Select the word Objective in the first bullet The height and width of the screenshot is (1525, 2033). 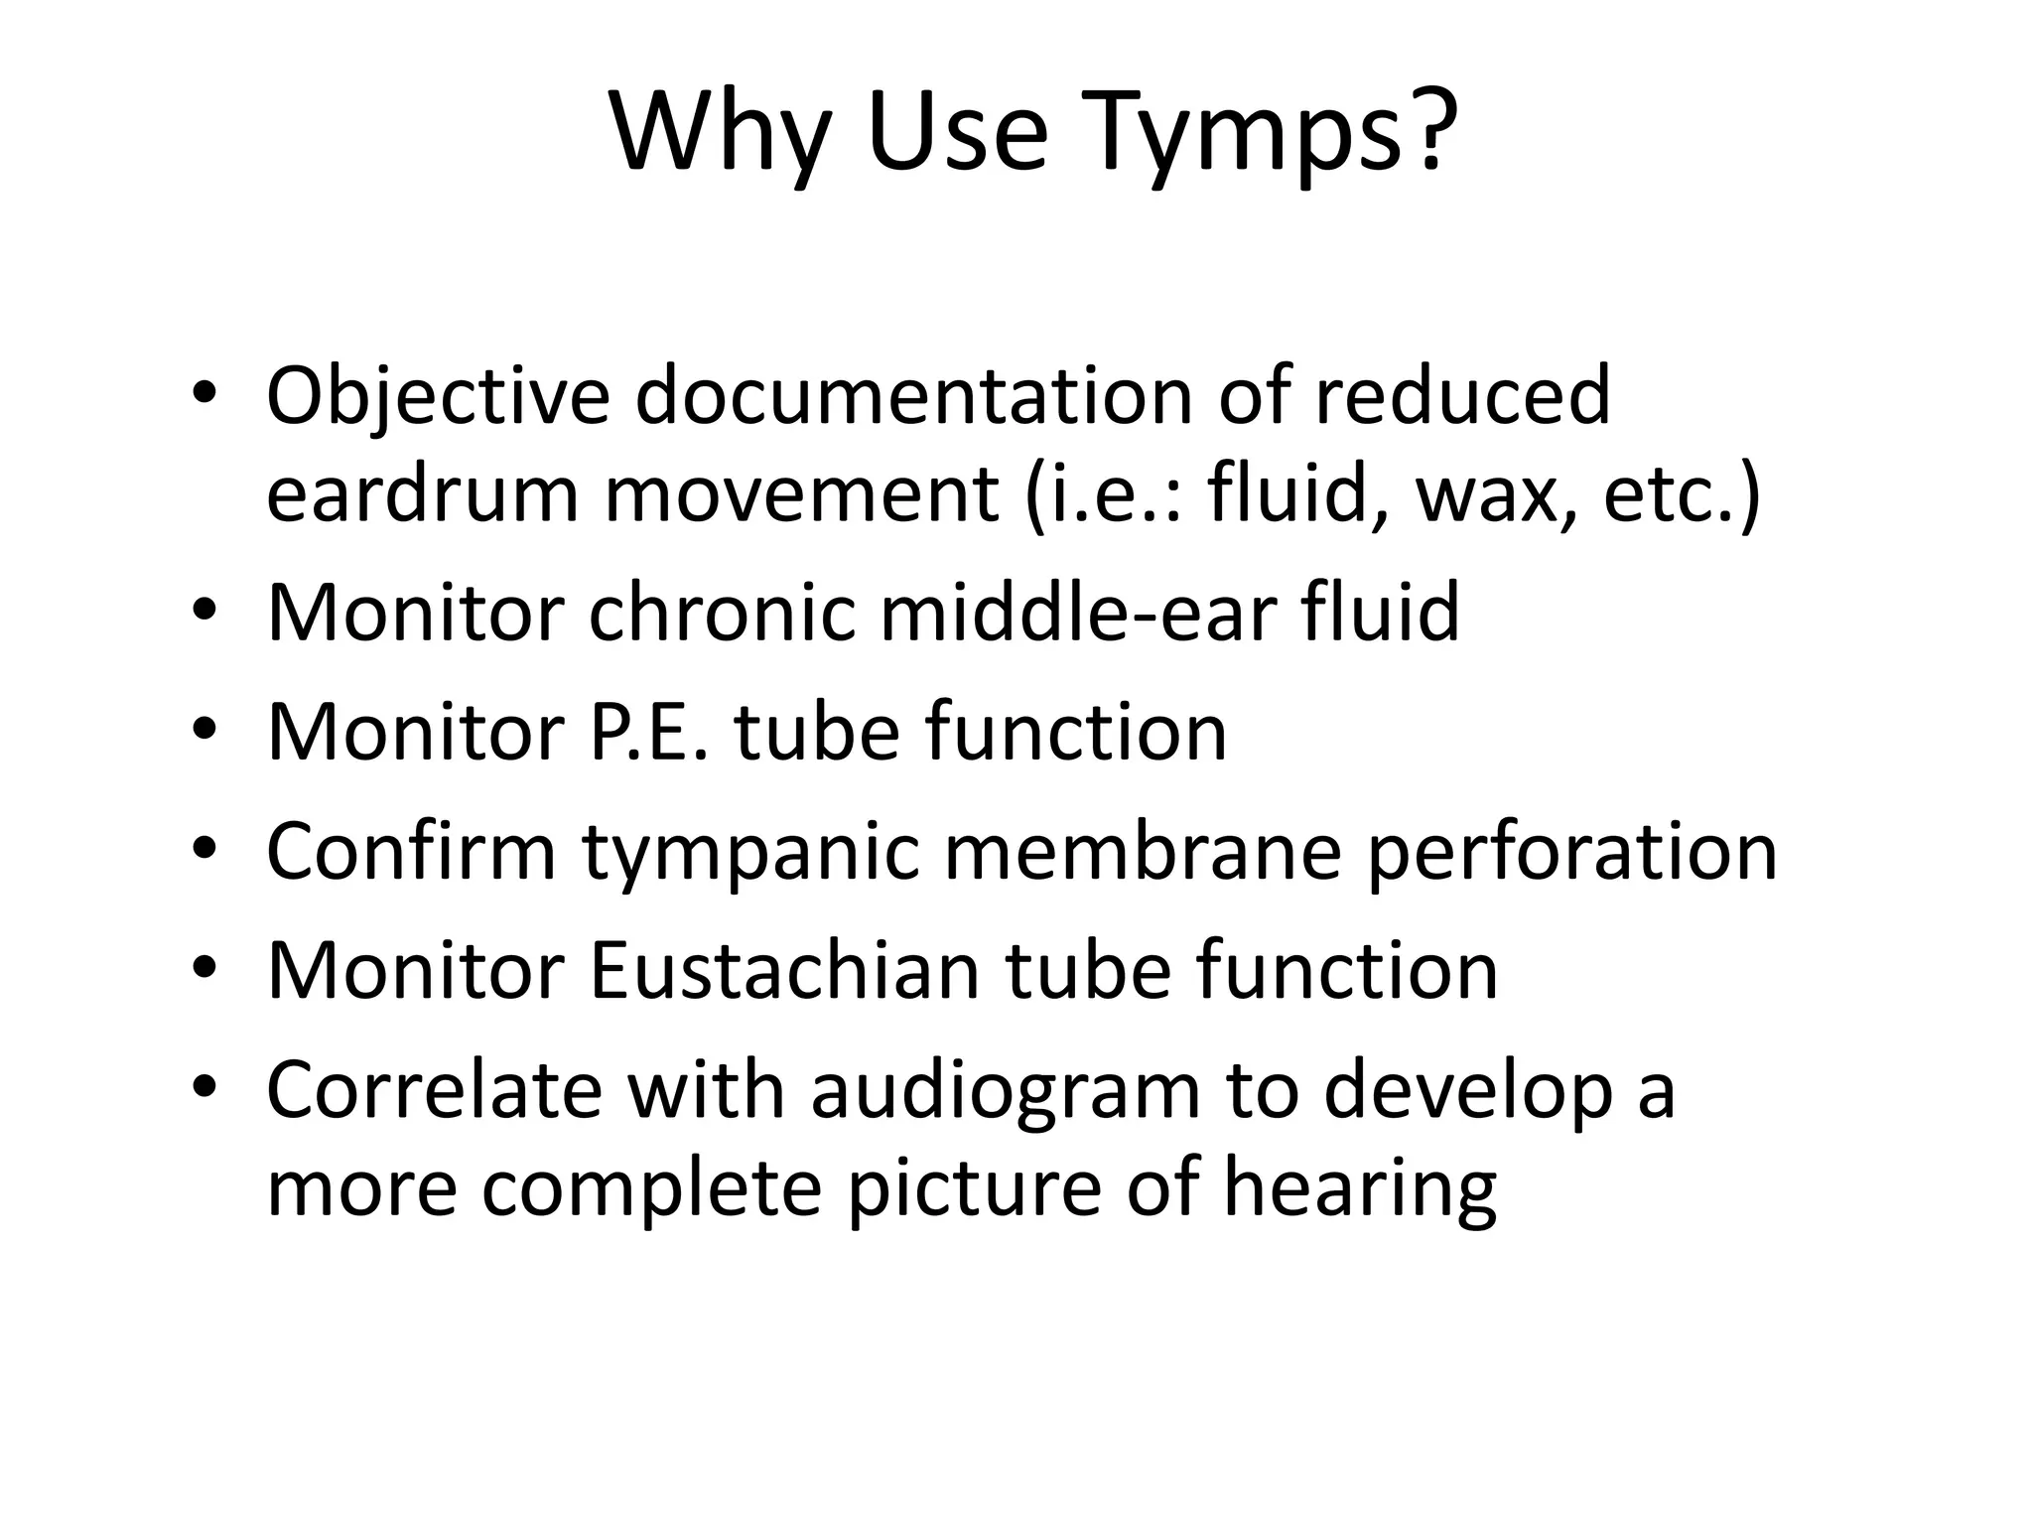click(x=438, y=397)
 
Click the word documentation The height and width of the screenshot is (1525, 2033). click(x=913, y=397)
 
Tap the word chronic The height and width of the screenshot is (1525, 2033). click(x=721, y=614)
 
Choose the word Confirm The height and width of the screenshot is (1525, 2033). click(x=411, y=852)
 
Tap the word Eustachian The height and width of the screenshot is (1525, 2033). click(x=783, y=971)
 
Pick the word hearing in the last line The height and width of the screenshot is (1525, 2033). click(x=1359, y=1189)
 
